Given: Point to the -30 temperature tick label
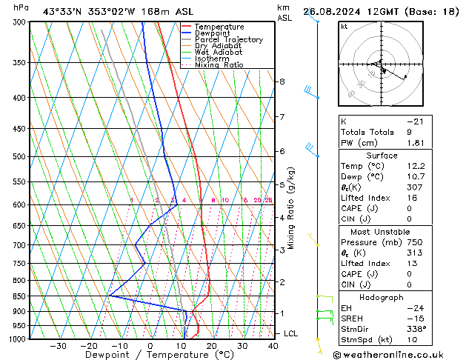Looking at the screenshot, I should [58, 346].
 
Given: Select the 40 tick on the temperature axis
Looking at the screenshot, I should [273, 346].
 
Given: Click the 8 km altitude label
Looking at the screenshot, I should [282, 81].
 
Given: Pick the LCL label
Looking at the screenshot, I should [290, 333].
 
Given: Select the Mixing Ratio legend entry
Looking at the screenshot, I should [219, 65].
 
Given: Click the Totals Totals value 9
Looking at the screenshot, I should [409, 132].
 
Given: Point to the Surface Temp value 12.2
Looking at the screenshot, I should [415, 167].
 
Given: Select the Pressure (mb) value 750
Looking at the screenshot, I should [415, 241].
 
